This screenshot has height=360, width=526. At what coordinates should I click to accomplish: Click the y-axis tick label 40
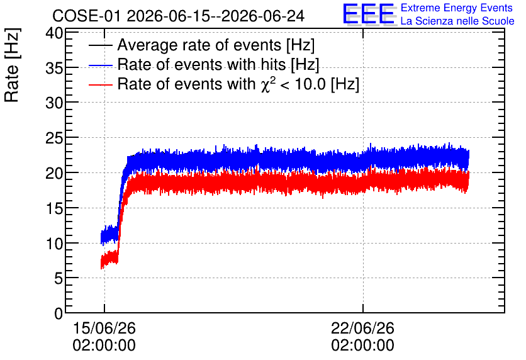[54, 33]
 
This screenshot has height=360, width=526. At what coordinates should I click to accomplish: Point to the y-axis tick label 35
[54, 69]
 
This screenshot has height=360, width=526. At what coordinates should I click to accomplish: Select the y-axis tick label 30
[54, 103]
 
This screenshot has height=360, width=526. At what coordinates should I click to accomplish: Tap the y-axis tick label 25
[54, 138]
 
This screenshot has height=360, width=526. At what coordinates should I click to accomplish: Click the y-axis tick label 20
[54, 174]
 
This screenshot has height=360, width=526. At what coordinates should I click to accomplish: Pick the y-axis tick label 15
[54, 209]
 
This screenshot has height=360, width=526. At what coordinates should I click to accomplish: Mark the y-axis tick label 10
[54, 244]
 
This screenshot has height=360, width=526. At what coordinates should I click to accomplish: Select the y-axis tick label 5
[59, 278]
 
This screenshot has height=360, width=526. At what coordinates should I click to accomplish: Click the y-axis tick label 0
[59, 313]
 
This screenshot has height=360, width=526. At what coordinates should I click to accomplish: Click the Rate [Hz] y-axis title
[12, 65]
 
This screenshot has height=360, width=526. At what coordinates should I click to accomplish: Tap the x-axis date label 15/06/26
[104, 328]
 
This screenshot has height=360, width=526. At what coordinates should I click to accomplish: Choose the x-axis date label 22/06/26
[362, 328]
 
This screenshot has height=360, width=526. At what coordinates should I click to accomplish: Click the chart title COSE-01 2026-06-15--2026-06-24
[179, 16]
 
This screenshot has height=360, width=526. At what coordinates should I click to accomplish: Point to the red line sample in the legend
[100, 85]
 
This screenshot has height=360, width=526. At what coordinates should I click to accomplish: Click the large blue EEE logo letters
[369, 14]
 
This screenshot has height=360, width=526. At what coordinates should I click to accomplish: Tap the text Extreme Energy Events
[457, 8]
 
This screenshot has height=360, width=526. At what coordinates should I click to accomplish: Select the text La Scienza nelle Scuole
[457, 21]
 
